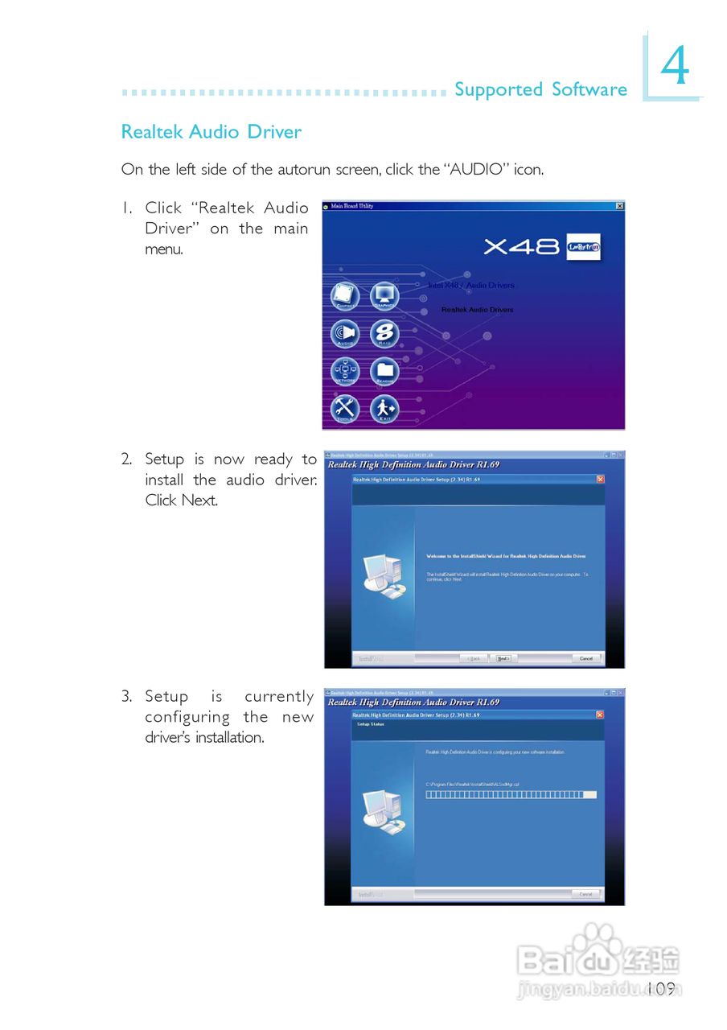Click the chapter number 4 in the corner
click(675, 68)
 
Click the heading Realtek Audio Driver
click(211, 132)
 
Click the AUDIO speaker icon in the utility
click(346, 334)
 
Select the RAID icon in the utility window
click(384, 334)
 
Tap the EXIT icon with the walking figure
click(384, 409)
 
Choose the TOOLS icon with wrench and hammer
click(346, 409)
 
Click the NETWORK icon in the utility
click(346, 372)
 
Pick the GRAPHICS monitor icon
click(384, 297)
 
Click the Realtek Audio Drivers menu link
click(477, 310)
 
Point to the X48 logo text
click(521, 247)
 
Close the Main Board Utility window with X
click(619, 207)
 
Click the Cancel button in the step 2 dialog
click(585, 658)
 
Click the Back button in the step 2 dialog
click(474, 658)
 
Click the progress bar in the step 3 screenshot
click(511, 794)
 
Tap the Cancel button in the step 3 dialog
click(585, 894)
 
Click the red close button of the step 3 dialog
click(600, 715)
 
